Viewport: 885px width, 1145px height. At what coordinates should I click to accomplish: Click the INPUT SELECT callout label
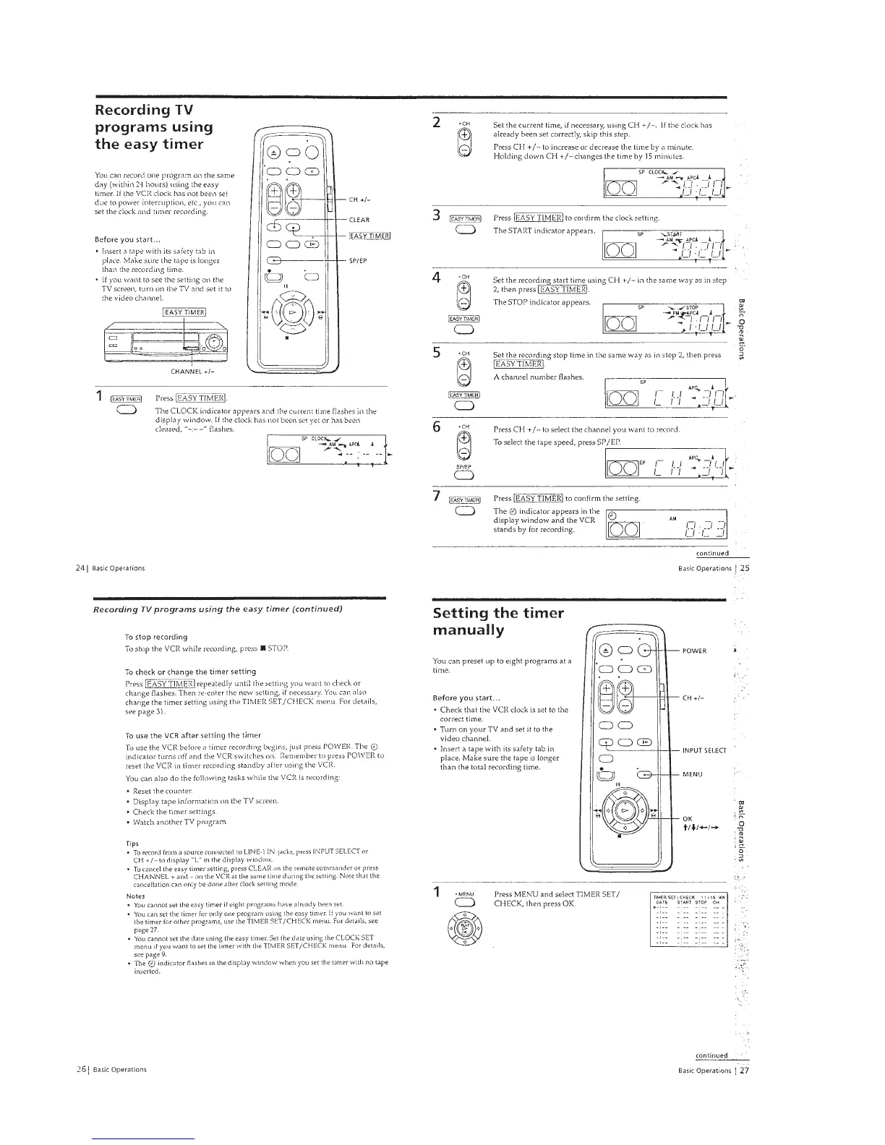[x=704, y=750]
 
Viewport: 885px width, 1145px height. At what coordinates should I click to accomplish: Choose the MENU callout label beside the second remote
[x=693, y=774]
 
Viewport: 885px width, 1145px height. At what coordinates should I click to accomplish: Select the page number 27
[x=744, y=1071]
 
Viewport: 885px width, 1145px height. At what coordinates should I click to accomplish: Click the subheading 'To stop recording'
[x=156, y=637]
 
